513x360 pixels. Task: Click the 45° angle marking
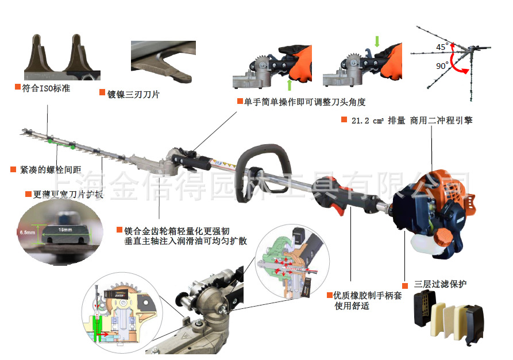[x=442, y=47]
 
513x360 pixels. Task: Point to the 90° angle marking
[x=442, y=66]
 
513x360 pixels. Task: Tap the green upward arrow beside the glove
[x=289, y=85]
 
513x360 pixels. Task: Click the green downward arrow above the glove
[x=377, y=41]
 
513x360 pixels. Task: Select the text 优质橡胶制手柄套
[x=368, y=295]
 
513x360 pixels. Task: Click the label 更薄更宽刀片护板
[x=63, y=194]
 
